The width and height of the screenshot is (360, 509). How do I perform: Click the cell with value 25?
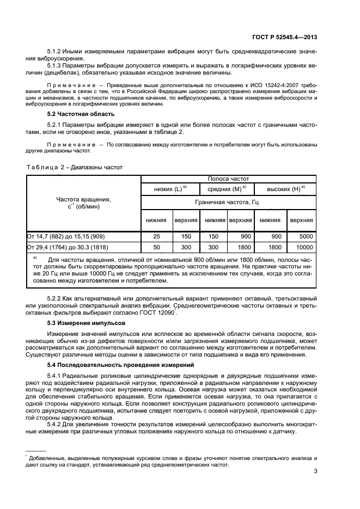tap(157, 237)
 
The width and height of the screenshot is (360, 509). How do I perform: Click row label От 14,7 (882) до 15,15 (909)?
tap(69, 237)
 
